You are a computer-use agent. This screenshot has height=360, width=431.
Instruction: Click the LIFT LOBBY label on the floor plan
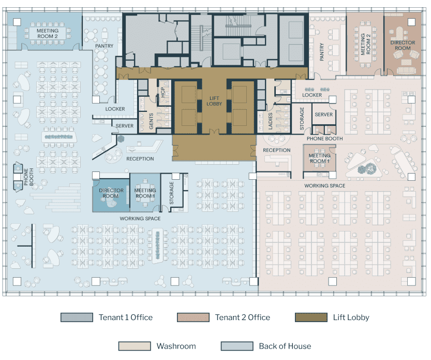[214, 101]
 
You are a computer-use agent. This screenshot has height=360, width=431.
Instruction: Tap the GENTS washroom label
[151, 121]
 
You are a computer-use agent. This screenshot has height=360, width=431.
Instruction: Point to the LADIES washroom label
[270, 121]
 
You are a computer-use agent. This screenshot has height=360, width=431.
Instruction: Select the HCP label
[162, 93]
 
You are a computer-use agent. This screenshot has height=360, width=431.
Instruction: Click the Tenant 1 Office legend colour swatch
[77, 318]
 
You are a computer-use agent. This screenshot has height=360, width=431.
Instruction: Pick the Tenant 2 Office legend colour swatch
[193, 318]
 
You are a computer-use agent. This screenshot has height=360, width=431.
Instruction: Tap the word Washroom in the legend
[176, 346]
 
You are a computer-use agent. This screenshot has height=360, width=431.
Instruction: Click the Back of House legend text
[285, 346]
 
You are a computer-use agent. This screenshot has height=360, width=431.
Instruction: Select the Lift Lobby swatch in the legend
[311, 318]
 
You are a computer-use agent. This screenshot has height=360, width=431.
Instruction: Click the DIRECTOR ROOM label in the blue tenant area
[111, 193]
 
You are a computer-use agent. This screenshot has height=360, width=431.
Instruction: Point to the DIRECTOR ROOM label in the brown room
[403, 46]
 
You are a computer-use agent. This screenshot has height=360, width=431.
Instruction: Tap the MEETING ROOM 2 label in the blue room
[48, 34]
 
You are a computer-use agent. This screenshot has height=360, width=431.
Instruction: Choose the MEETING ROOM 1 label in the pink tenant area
[319, 159]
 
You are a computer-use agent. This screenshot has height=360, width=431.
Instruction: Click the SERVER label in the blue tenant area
[125, 126]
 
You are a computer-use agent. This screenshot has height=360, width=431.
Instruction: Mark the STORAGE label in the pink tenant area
[302, 119]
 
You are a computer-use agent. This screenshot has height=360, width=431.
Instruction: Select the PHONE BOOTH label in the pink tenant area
[324, 139]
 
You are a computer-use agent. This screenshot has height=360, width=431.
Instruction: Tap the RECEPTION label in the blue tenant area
[140, 159]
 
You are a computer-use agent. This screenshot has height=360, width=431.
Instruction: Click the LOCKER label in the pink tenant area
[312, 95]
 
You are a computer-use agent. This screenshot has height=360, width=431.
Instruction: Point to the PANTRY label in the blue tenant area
[104, 46]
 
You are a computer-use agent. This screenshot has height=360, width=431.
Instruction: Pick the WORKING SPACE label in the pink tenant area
[324, 186]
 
